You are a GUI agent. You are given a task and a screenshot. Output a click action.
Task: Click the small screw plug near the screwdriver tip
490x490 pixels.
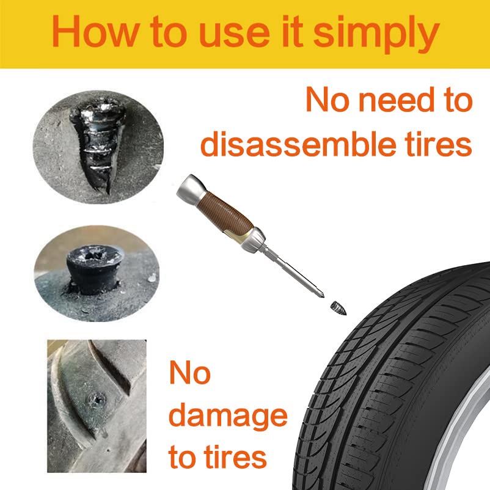coord(338,307)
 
